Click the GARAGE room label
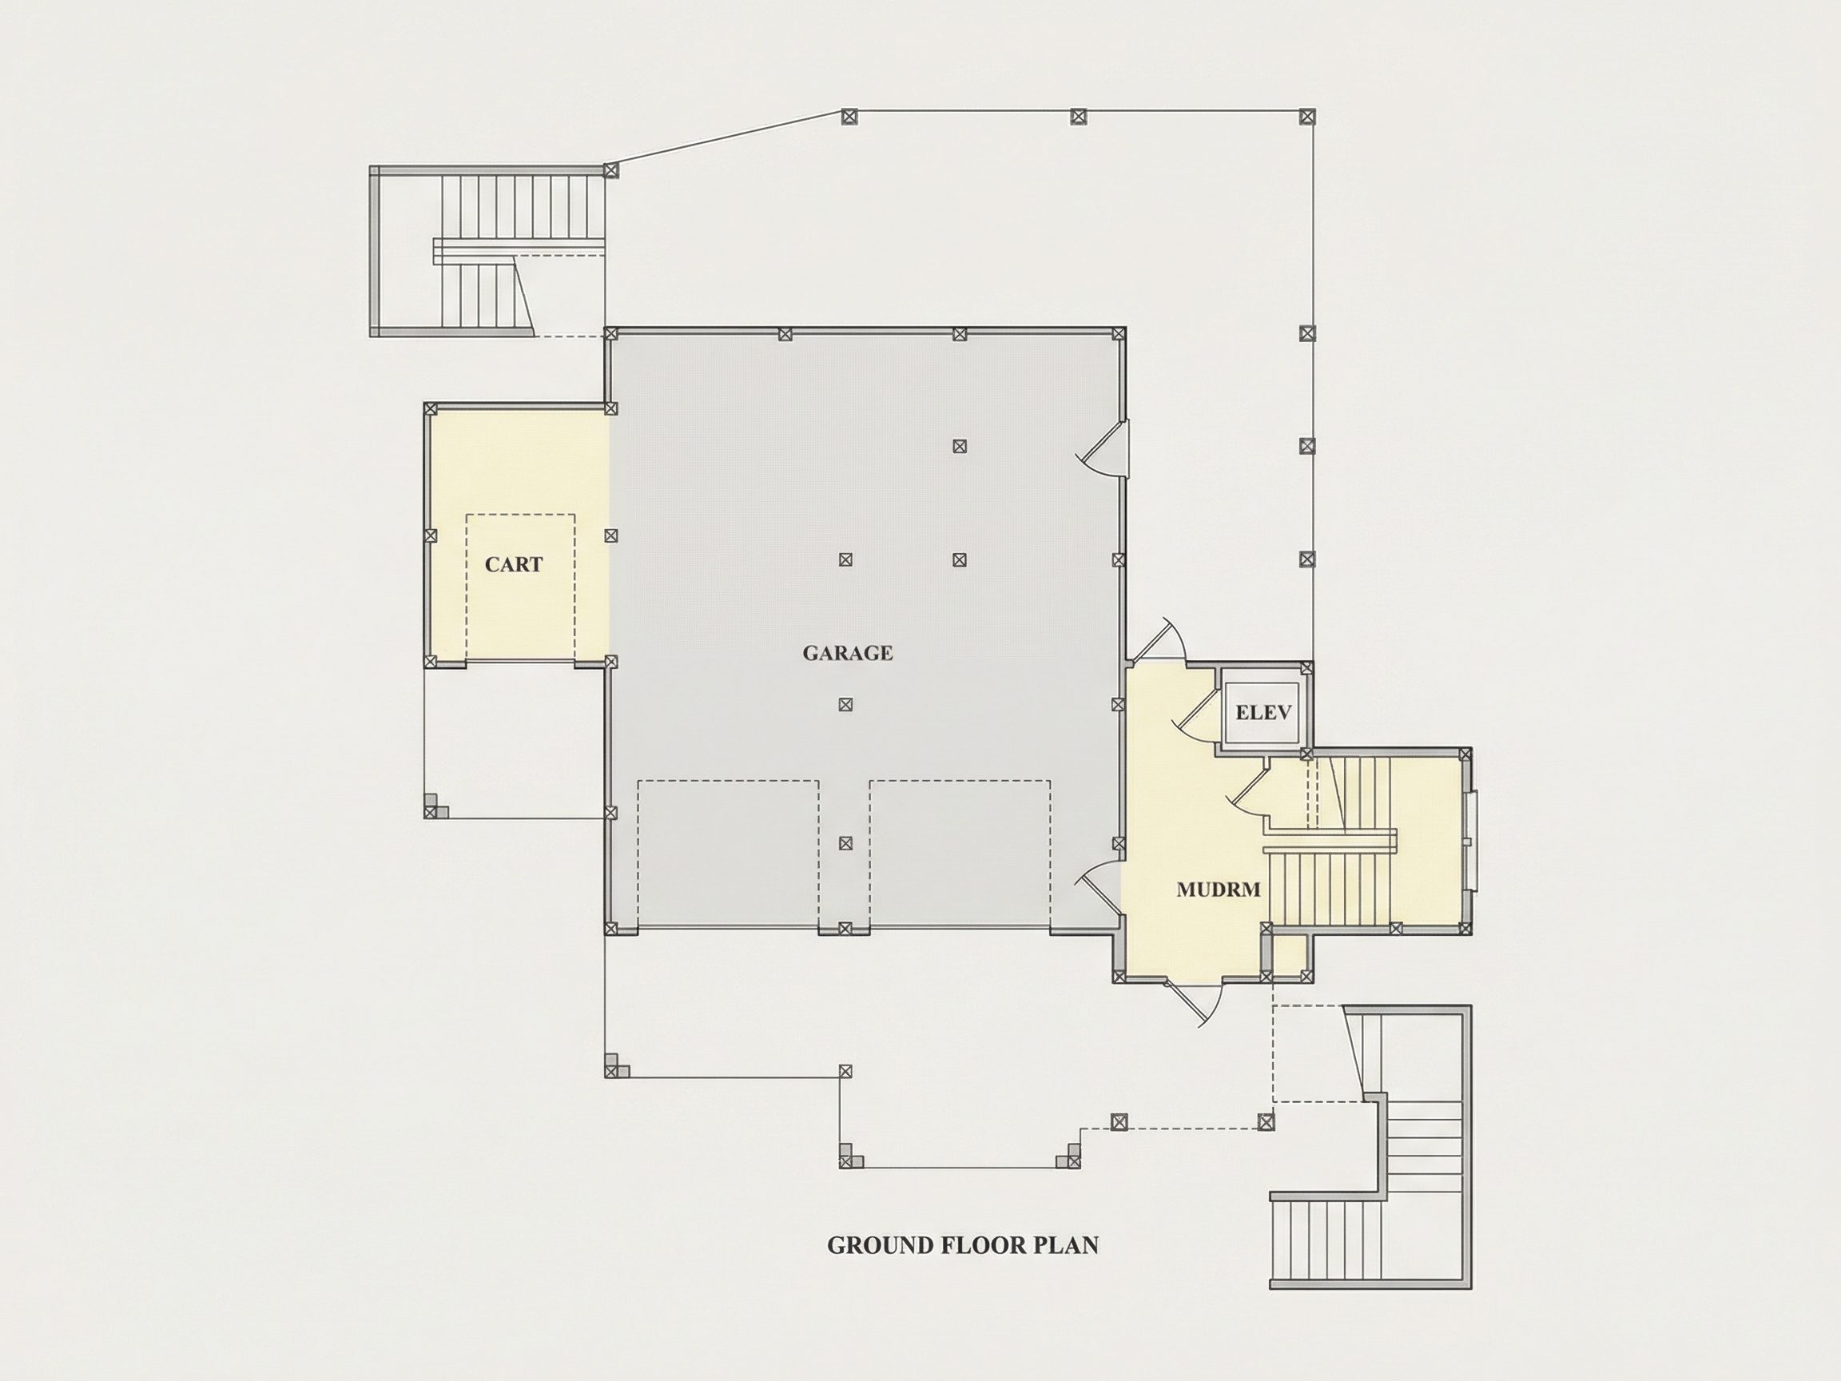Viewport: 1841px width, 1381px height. point(847,654)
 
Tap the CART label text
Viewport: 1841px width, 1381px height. point(514,564)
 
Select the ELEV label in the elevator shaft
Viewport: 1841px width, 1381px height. point(1263,712)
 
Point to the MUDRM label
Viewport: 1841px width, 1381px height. point(1219,889)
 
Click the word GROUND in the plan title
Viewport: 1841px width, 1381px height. point(881,1245)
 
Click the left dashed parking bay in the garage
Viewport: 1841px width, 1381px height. point(728,854)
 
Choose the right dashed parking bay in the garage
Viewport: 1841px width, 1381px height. point(960,854)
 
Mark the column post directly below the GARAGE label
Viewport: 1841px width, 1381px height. point(845,704)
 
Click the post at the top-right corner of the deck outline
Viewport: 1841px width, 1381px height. point(1307,117)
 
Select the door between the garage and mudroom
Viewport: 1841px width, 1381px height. point(1100,888)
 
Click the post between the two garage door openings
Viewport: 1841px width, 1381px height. point(845,927)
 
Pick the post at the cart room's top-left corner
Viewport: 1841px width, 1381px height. point(431,408)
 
